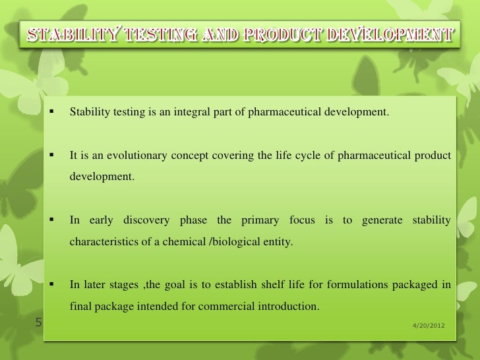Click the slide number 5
(x=38, y=323)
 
